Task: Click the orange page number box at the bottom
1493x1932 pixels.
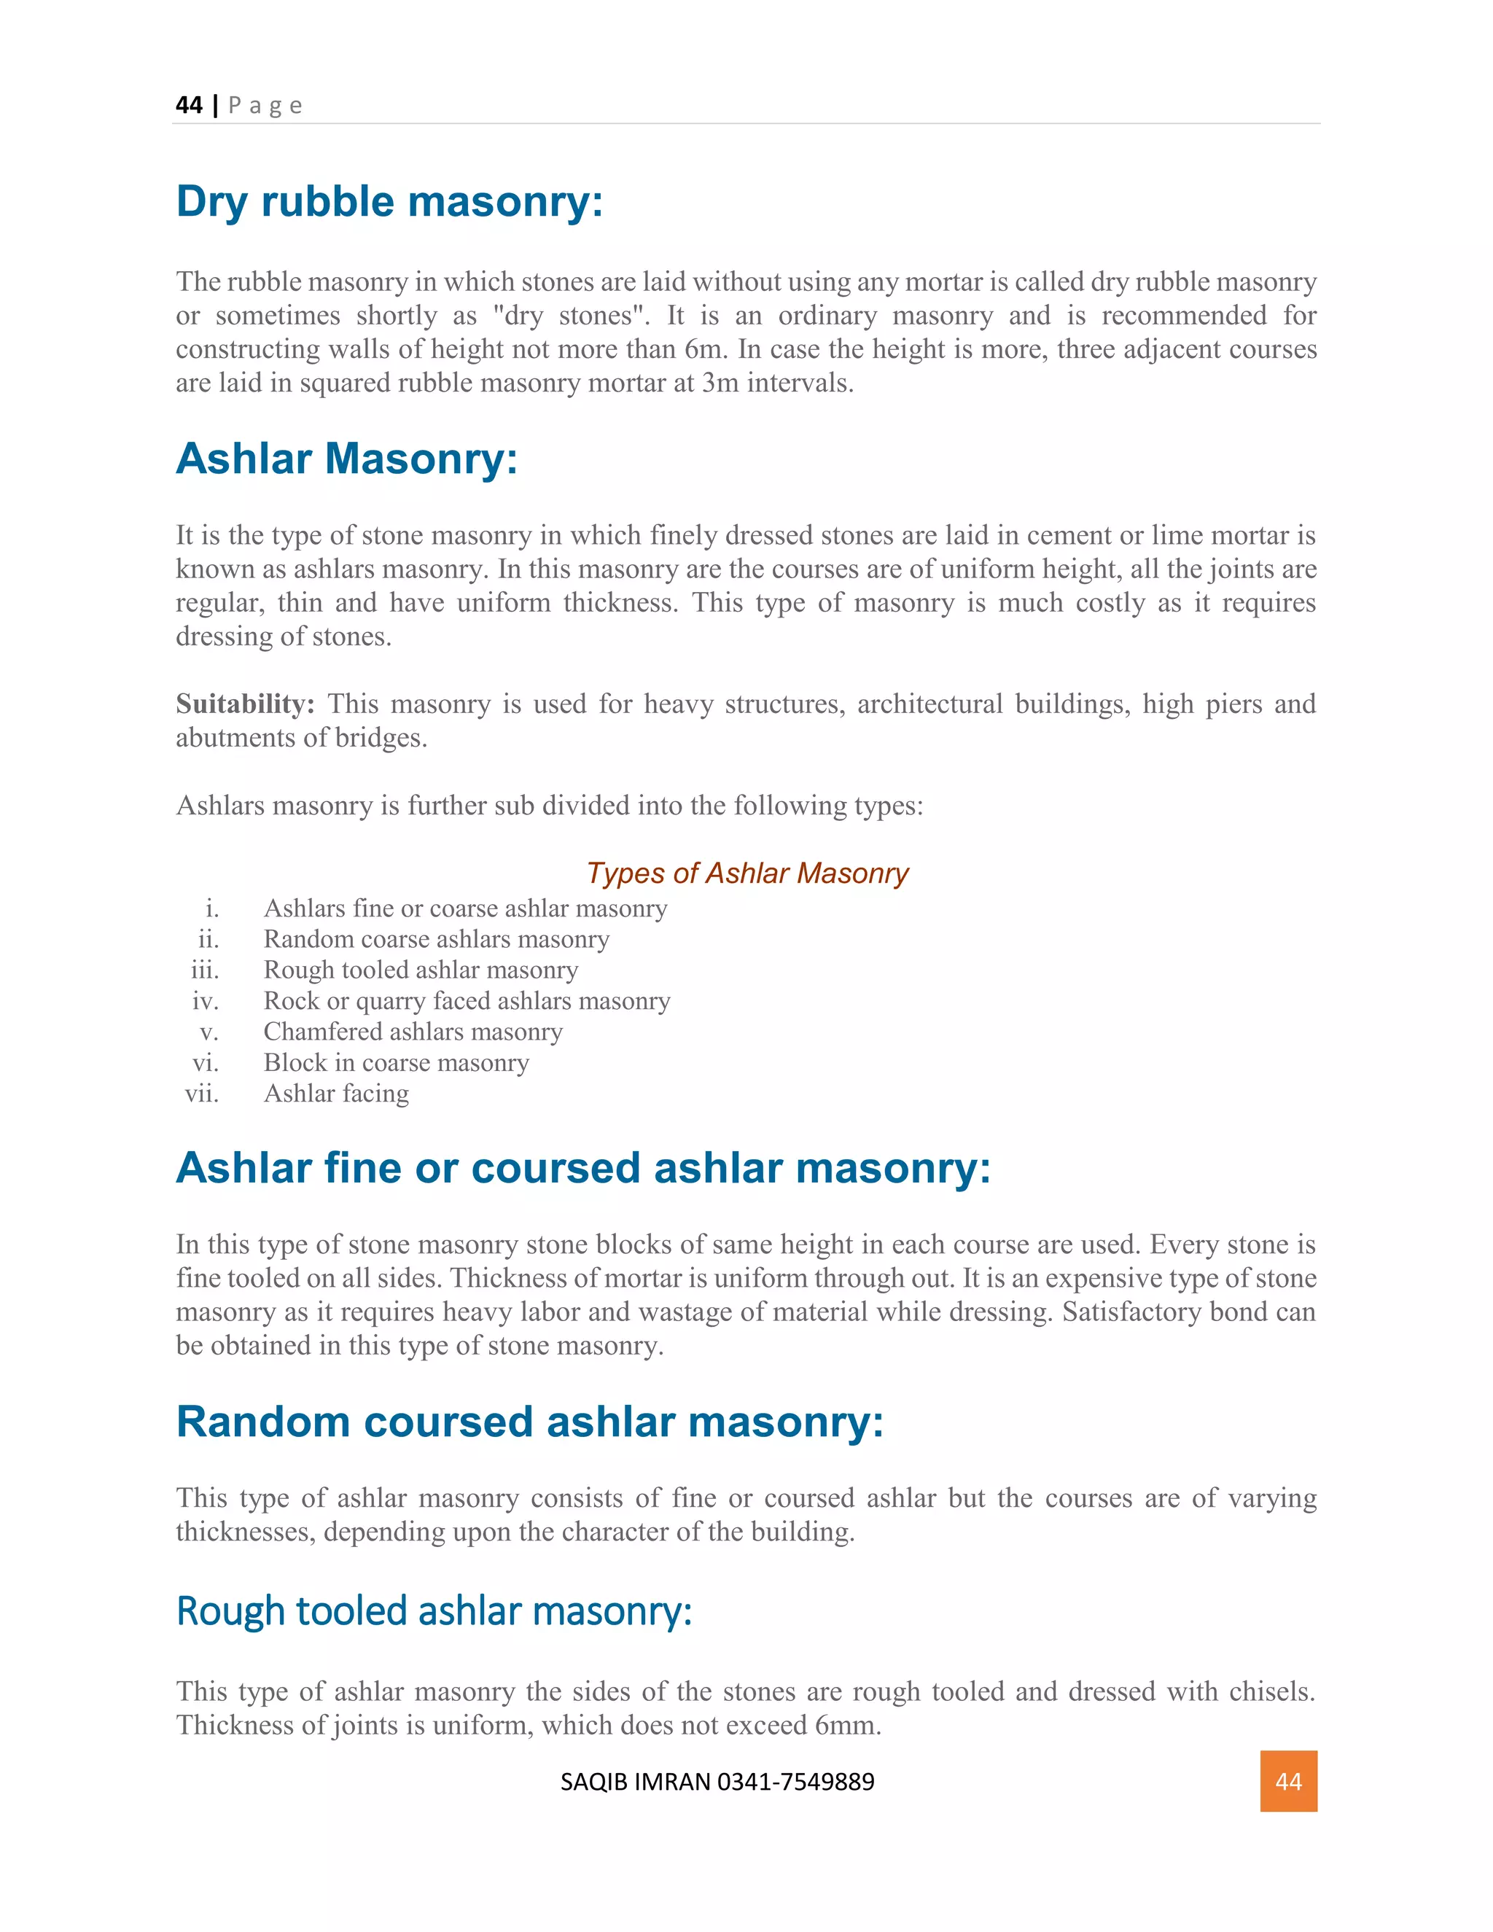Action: [x=1288, y=1781]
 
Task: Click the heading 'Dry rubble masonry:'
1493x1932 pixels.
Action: [x=389, y=202]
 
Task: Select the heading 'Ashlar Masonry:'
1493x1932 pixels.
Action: [x=347, y=459]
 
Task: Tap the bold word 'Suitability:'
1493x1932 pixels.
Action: [x=245, y=704]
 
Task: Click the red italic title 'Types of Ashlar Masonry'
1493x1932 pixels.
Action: [x=747, y=873]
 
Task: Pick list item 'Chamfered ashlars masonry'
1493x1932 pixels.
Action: [x=413, y=1032]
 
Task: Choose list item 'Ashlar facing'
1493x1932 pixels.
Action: [x=336, y=1094]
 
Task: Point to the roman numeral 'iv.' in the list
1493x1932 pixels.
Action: [x=205, y=1000]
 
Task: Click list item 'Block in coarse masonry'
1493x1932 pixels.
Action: [x=397, y=1062]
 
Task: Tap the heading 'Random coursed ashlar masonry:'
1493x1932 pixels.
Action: [x=530, y=1422]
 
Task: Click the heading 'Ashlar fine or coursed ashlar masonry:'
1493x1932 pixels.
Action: [x=583, y=1168]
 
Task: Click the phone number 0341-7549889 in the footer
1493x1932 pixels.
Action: [x=795, y=1782]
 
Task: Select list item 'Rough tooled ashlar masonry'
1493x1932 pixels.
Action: [x=421, y=970]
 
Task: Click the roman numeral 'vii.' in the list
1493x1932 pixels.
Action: [x=202, y=1094]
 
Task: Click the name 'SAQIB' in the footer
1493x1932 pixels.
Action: [x=593, y=1782]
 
